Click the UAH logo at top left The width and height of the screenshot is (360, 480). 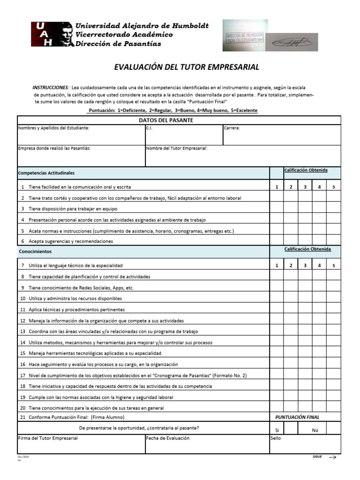click(52, 34)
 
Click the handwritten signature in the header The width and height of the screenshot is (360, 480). click(291, 43)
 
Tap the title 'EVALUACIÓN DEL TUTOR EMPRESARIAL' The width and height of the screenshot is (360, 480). click(187, 67)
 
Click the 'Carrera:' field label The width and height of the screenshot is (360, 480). click(232, 128)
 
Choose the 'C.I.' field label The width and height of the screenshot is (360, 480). click(149, 128)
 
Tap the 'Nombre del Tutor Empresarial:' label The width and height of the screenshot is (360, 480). click(177, 148)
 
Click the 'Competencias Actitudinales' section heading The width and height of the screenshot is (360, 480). click(46, 173)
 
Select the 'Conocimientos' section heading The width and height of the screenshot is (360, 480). click(35, 252)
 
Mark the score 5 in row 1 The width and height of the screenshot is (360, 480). click(334, 187)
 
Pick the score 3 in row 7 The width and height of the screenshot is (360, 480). click(305, 266)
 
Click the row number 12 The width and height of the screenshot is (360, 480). click(22, 321)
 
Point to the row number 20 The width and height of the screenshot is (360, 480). click(22, 408)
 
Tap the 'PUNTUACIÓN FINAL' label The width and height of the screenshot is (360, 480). click(297, 417)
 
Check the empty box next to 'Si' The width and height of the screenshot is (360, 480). click(291, 428)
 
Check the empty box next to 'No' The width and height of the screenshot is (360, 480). click(333, 428)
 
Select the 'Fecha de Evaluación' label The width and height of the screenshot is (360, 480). click(168, 438)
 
